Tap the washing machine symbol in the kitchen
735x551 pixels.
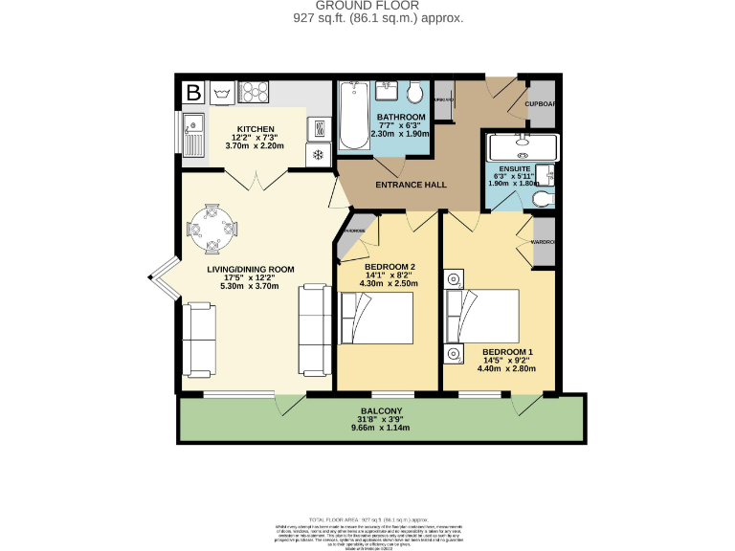click(x=224, y=93)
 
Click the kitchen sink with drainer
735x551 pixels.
click(x=193, y=135)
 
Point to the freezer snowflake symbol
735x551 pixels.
click(x=318, y=154)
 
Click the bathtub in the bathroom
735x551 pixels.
click(x=351, y=117)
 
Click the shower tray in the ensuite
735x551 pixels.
click(x=523, y=147)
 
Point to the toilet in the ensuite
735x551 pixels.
click(x=542, y=199)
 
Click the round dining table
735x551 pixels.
click(x=207, y=229)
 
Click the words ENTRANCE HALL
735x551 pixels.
click(x=411, y=185)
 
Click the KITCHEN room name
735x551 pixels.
click(x=256, y=129)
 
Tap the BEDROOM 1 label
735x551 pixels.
click(x=507, y=351)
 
